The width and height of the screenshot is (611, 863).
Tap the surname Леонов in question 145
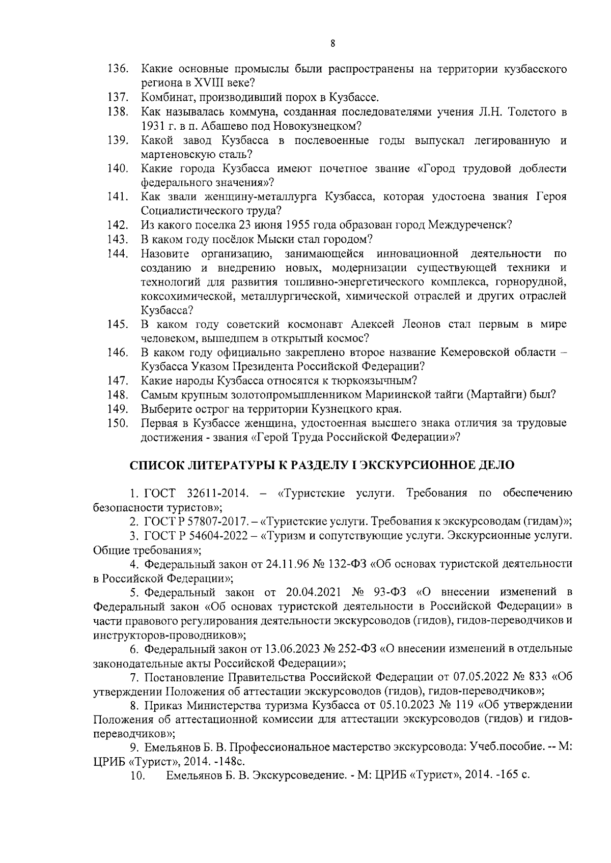[x=418, y=324]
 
